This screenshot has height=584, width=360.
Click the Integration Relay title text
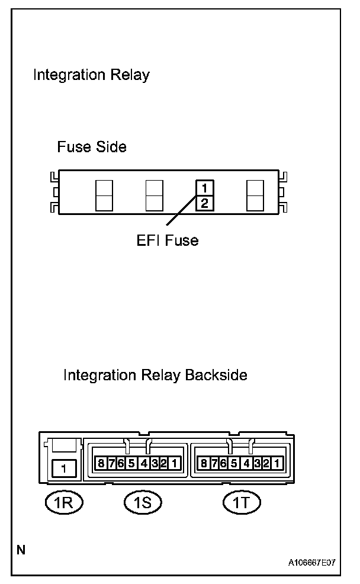coord(91,75)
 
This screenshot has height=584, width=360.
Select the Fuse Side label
coord(92,146)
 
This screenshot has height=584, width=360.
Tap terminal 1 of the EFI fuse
coord(204,188)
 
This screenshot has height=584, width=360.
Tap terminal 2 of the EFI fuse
coord(204,204)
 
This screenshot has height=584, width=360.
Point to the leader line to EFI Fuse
coord(181,214)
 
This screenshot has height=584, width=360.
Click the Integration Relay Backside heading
coord(155,376)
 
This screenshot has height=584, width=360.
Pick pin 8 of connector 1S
coord(101,463)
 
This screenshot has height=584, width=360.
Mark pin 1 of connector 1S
coord(173,463)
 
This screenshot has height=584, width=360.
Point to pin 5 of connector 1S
coord(131,463)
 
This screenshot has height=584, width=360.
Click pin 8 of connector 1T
coord(204,463)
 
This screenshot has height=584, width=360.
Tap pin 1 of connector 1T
coord(277,463)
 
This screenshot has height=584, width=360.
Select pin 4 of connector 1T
coord(246,463)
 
